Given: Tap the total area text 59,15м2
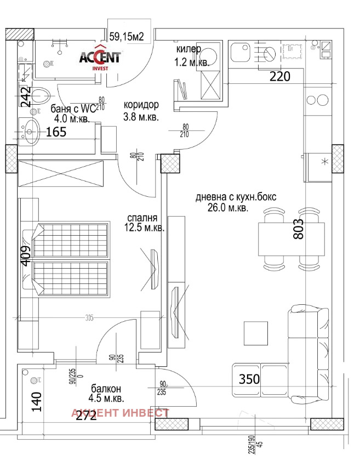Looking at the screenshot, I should tap(127, 37).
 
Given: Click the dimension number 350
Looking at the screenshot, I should tap(249, 378).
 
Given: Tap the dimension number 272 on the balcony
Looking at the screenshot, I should tap(86, 415).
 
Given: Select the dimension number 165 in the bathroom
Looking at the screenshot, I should tap(55, 132).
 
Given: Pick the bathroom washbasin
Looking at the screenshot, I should tap(29, 129).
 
